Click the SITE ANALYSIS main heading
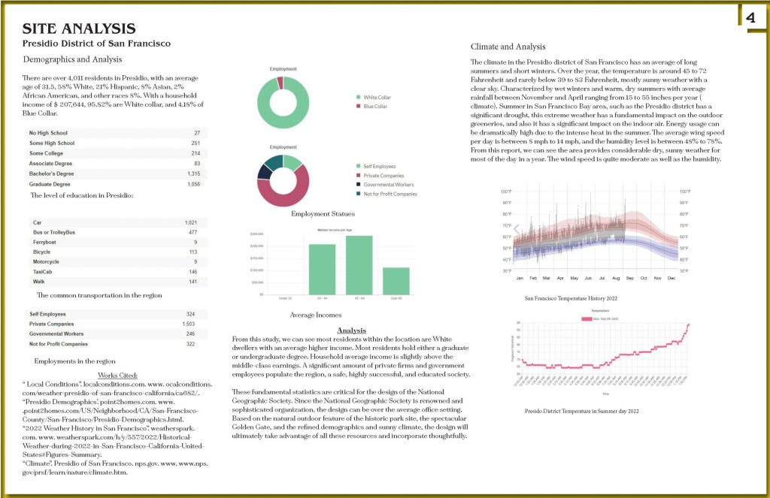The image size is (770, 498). click(x=79, y=29)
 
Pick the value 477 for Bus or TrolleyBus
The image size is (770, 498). click(x=193, y=232)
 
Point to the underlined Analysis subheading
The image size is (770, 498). click(x=351, y=330)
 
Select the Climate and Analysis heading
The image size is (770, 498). click(x=508, y=47)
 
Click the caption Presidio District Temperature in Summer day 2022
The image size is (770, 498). click(x=581, y=412)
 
